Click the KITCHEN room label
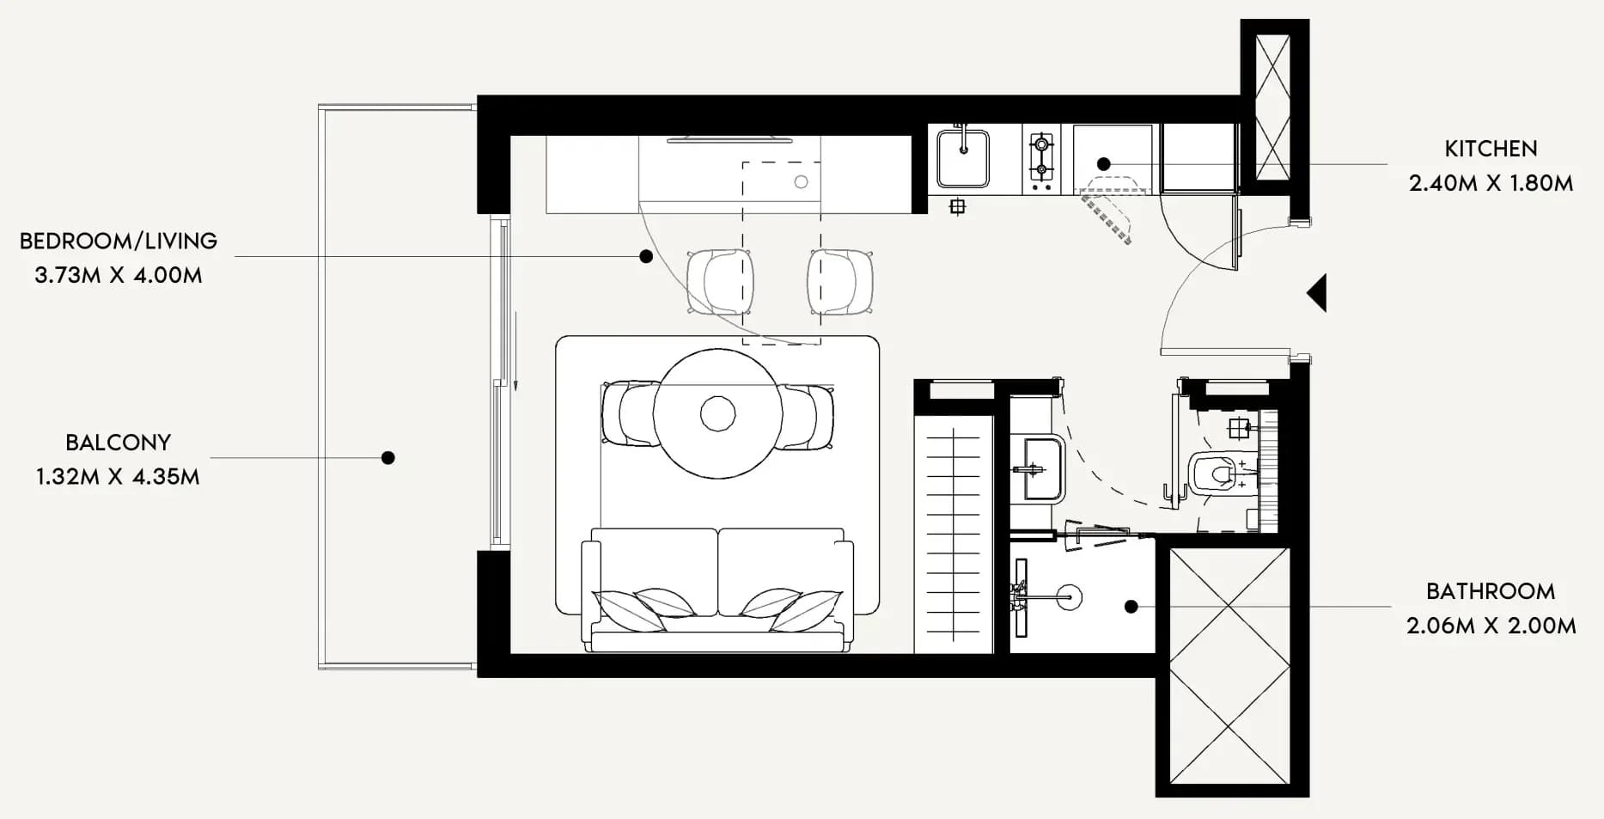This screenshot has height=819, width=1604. click(x=1491, y=149)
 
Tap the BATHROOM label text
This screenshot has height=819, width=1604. click(x=1491, y=591)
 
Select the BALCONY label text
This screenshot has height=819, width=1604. click(x=119, y=443)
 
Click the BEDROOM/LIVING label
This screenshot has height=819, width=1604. click(x=119, y=241)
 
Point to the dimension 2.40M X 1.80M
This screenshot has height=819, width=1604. click(x=1491, y=183)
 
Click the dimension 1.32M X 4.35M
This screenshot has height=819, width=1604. click(x=118, y=477)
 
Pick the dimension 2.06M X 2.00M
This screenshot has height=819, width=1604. click(x=1491, y=626)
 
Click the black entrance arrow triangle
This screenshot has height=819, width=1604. click(x=1317, y=293)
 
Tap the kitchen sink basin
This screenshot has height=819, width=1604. click(x=963, y=157)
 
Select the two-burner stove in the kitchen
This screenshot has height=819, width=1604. click(x=1041, y=158)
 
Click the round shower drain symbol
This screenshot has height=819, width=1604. click(x=1069, y=596)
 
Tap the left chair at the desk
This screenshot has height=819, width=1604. click(x=720, y=282)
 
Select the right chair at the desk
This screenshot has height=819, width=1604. click(x=840, y=282)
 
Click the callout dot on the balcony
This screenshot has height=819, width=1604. click(x=388, y=458)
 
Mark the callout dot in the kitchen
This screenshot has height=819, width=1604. click(x=1104, y=164)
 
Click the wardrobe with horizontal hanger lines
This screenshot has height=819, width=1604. click(x=954, y=534)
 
